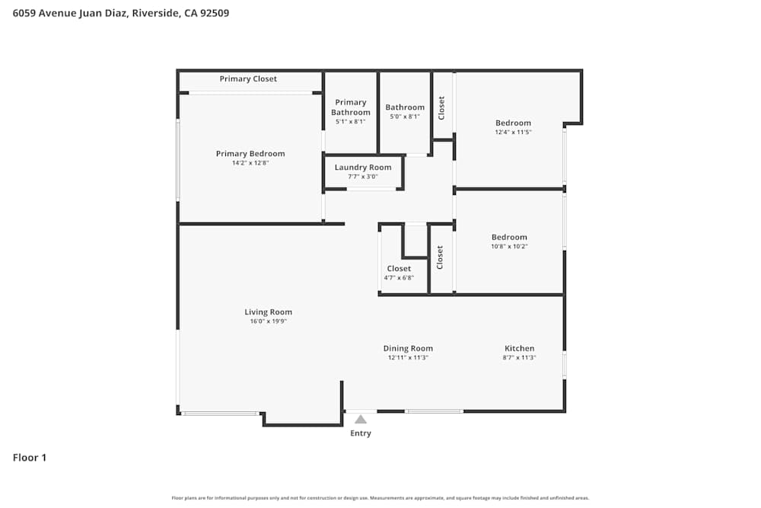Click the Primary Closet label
tap(248, 79)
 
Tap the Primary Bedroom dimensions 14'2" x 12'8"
tap(250, 163)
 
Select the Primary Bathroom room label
tap(351, 107)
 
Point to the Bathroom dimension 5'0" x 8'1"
tap(405, 117)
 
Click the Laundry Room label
tap(363, 168)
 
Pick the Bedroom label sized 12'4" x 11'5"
tap(513, 123)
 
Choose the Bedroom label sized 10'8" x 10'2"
tap(509, 237)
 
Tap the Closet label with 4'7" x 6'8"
tap(399, 268)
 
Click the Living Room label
tap(268, 312)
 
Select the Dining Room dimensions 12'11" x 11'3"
tap(408, 358)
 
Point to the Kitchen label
tap(519, 348)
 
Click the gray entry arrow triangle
tap(361, 419)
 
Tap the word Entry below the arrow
tap(361, 433)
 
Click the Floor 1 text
tap(30, 458)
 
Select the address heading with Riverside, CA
tap(121, 13)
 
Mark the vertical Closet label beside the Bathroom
tap(441, 107)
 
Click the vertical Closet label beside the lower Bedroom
tap(440, 257)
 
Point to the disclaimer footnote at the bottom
tap(380, 498)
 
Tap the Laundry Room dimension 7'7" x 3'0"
tap(363, 177)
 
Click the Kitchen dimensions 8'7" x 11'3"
tap(519, 358)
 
